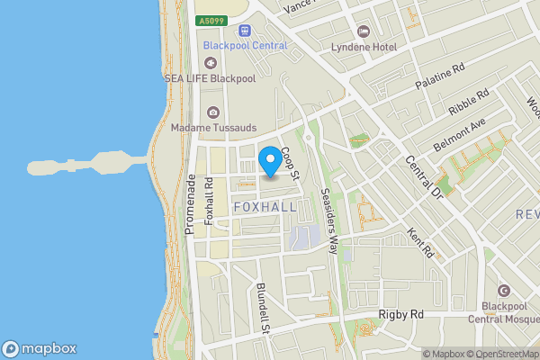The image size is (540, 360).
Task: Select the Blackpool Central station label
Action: point(245,46)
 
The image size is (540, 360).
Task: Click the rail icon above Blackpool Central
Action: point(241,30)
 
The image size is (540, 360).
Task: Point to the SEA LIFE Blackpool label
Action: point(210,78)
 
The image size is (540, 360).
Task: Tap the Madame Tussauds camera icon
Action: point(213,112)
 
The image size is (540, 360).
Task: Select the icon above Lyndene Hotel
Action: point(363,30)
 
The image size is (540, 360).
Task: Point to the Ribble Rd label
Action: point(469,102)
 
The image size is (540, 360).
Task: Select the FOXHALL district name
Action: point(265,207)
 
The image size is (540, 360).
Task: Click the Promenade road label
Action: point(190,205)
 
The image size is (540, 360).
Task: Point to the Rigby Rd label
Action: point(398,315)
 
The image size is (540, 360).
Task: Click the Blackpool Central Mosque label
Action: point(503,311)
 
